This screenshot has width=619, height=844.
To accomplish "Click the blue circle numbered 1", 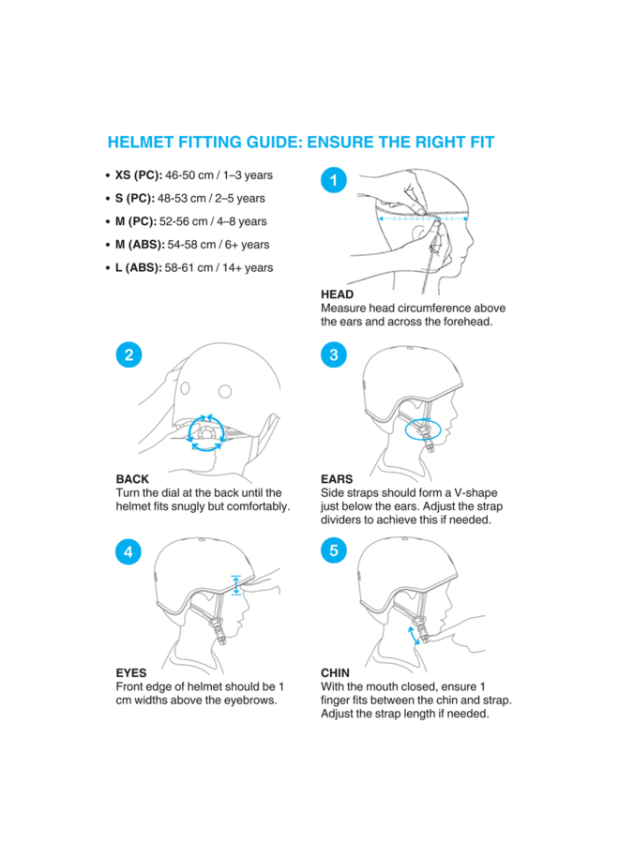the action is coord(334,180).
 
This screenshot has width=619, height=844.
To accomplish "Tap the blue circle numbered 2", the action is coord(128,354).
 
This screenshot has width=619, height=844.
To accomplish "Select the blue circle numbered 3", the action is coord(334,354).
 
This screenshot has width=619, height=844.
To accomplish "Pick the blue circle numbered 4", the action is coord(128,551).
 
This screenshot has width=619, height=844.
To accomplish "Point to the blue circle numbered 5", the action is coord(334,550).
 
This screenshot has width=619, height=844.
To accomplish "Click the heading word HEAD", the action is coord(337,294).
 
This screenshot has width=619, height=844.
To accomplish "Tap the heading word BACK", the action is coord(132,479).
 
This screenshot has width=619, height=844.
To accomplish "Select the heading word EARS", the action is coord(337,479).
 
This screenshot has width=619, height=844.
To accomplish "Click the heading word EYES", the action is coord(131,672).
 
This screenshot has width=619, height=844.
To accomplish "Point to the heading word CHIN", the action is coord(336,672).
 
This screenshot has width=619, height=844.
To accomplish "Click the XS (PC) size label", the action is coord(138,175).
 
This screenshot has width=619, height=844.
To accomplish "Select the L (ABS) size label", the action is coord(138,268).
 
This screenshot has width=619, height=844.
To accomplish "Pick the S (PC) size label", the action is coord(134,199).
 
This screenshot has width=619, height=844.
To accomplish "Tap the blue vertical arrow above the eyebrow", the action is coord(235,585).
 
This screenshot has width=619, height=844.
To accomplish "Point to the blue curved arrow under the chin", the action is coord(413,636).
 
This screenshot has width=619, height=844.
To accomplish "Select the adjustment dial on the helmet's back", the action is coord(206,432).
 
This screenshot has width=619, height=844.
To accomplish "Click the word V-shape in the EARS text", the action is coord(476,493).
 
